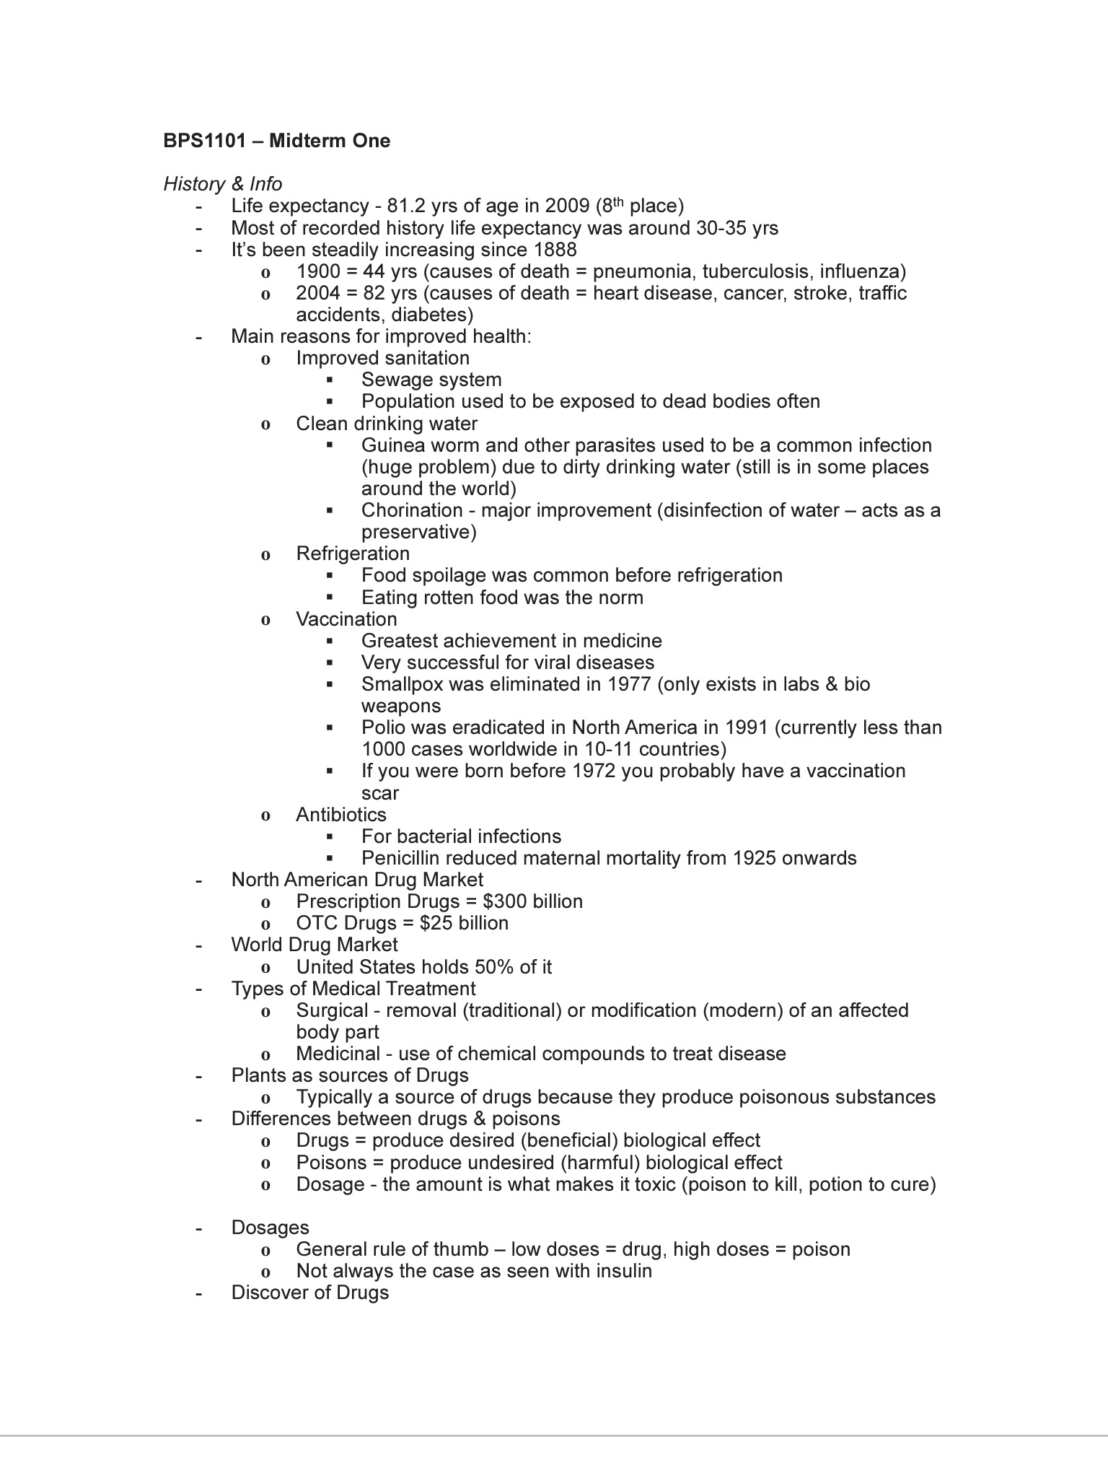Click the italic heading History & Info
pos(222,184)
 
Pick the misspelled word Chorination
pos(411,510)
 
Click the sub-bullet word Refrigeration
pos(353,554)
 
